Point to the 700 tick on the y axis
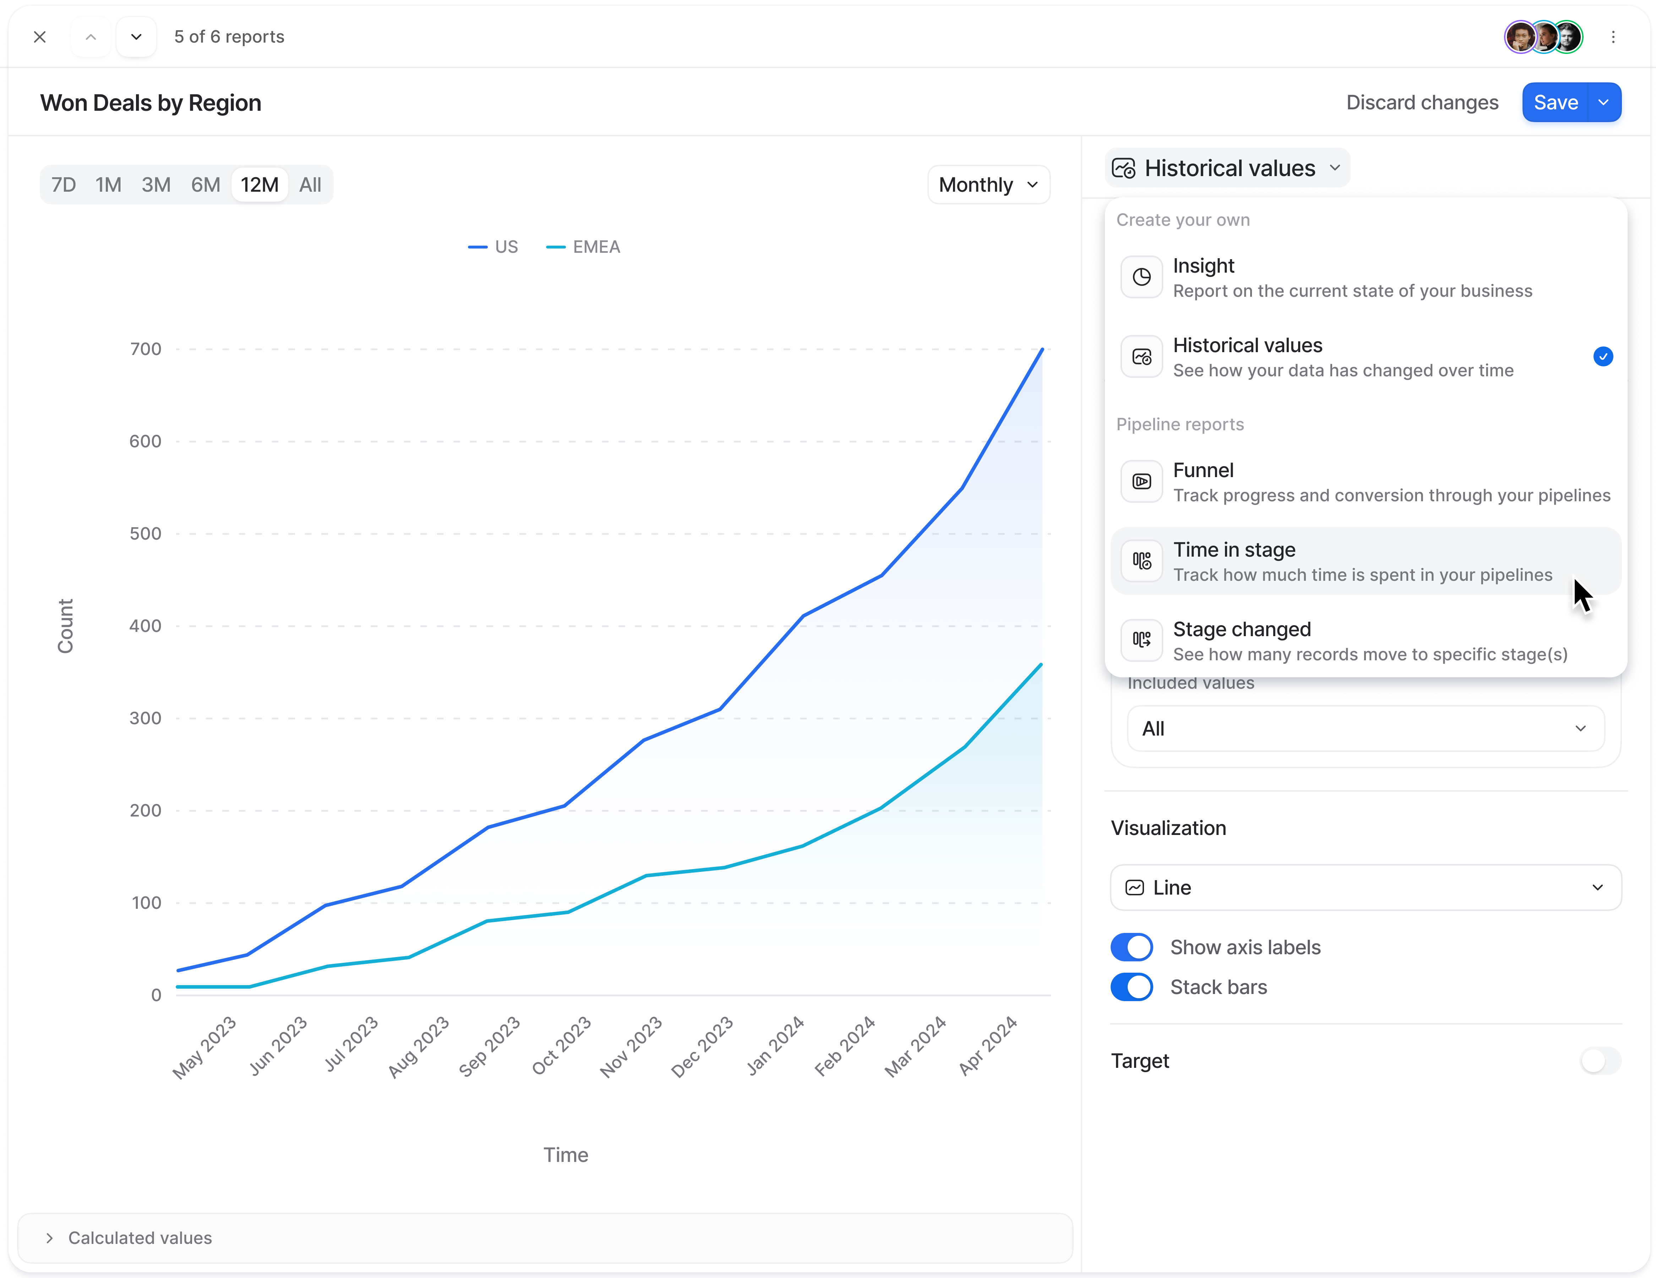(146, 349)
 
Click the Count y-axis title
(65, 626)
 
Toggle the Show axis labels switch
(1131, 947)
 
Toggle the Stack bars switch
(1131, 987)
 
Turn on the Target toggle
(1600, 1060)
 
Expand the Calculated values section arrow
(49, 1238)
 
